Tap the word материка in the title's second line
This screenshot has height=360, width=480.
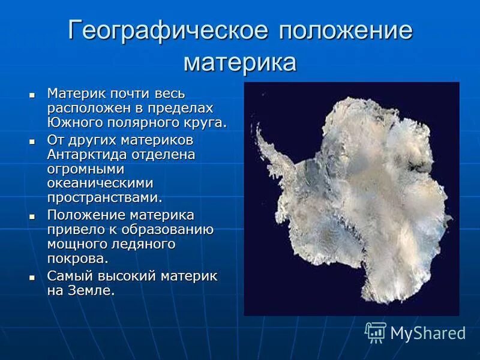click(240, 62)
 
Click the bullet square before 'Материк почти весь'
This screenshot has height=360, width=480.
click(32, 95)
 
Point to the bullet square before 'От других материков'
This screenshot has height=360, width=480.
click(32, 140)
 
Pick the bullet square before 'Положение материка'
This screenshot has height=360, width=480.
click(32, 215)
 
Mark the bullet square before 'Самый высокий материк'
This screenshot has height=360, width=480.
click(32, 277)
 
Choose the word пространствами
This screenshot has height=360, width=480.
click(104, 197)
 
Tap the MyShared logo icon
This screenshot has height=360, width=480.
click(376, 332)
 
